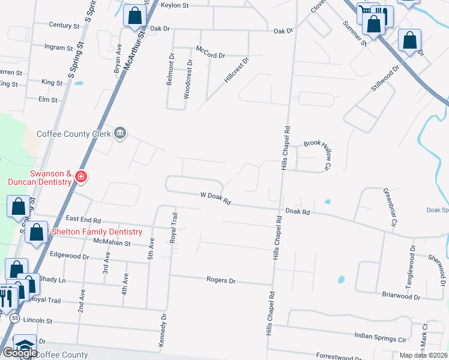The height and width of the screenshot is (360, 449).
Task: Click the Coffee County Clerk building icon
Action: point(120,133)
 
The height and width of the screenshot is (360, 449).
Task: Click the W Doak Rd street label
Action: point(215,199)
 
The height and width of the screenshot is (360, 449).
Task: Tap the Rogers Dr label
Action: point(221,280)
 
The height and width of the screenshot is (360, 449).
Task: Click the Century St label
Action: point(64,26)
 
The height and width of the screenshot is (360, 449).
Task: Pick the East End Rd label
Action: point(83,221)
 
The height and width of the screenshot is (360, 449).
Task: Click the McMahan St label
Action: point(112,243)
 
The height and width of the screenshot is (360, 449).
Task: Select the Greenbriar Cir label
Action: point(391,206)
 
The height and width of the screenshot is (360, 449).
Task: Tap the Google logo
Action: point(20,353)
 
